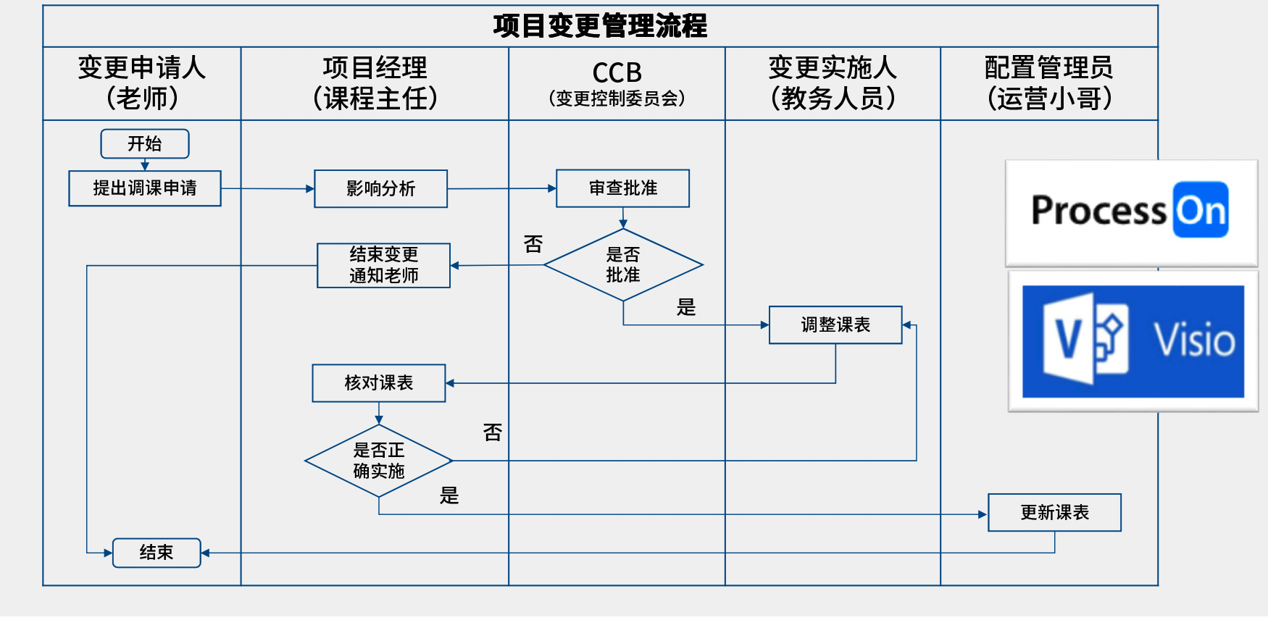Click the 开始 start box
coord(145,143)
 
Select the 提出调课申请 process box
coord(145,188)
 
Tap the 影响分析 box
coord(380,189)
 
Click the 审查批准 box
coord(622,188)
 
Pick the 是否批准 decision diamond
coord(623,265)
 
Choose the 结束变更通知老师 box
coord(383,265)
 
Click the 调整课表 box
coord(835,324)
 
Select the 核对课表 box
coord(378,383)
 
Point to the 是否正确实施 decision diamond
coord(378,461)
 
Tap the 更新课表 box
coord(1054,513)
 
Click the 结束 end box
coord(157,553)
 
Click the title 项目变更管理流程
coord(600,26)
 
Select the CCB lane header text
coord(617,73)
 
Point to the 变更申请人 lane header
coord(142,68)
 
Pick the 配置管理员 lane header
coord(1048,68)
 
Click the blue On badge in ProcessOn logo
coord(1201,210)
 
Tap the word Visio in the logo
coord(1194,340)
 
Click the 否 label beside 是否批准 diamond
coord(533,244)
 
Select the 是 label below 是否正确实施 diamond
coord(449,495)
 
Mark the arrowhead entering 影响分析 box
coord(310,189)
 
